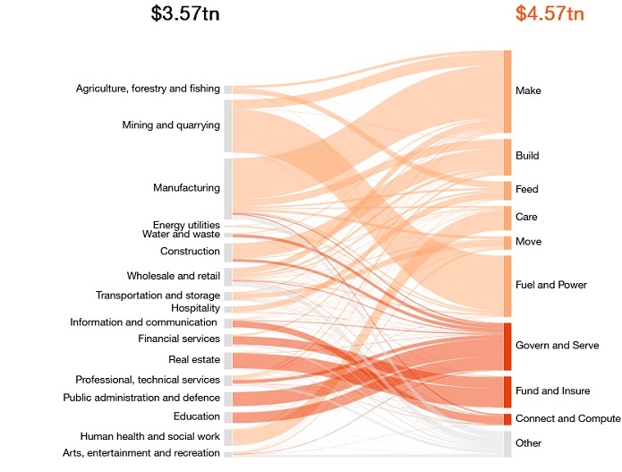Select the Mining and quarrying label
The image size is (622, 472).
point(171,125)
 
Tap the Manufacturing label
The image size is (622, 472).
point(186,188)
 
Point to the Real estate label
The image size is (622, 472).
point(194,359)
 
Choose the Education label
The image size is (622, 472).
point(197,416)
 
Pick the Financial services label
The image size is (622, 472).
point(179,339)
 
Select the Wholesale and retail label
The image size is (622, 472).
point(174,276)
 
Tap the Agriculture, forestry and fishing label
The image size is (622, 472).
point(148,89)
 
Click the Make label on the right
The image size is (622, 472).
point(528,91)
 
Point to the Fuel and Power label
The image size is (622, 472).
point(551,285)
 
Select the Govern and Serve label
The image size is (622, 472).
point(557,346)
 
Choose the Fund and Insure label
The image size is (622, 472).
point(553,391)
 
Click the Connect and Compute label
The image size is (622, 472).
point(567,419)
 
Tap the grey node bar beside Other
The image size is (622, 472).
point(507,443)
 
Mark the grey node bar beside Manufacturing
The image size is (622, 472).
point(228,188)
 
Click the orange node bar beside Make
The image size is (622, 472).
point(507,91)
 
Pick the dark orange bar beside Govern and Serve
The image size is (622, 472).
point(507,346)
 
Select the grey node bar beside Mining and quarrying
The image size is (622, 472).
point(228,125)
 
